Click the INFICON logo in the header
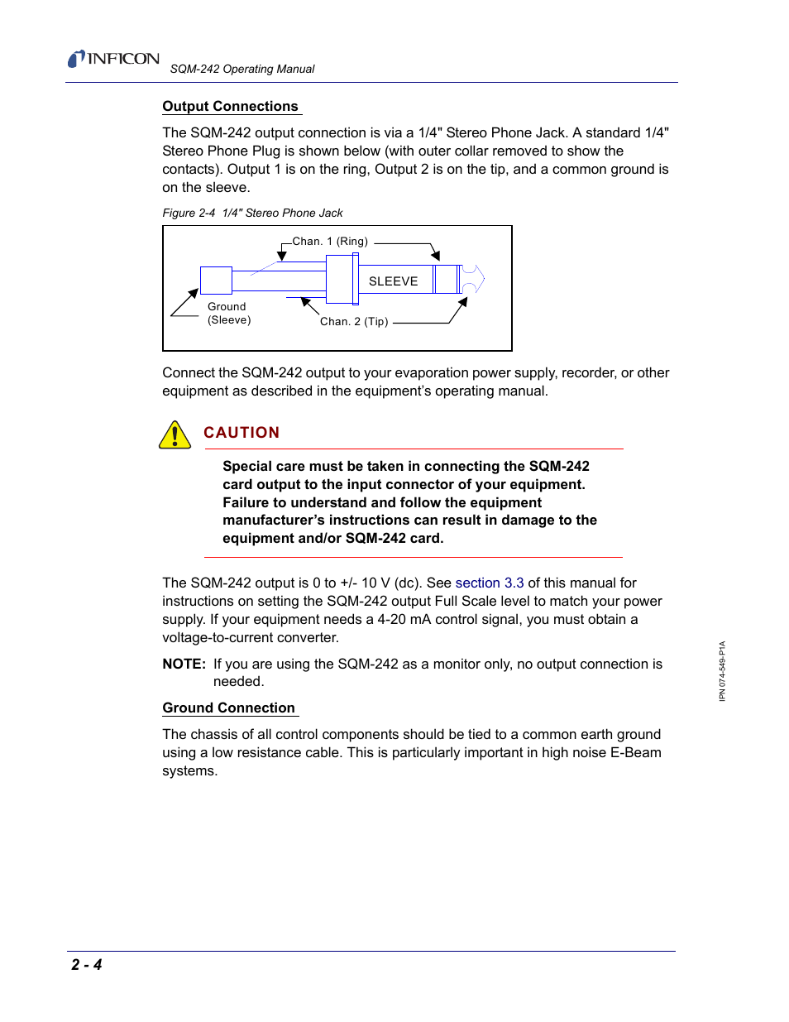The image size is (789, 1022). [x=113, y=59]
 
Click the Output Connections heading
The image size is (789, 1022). [x=230, y=106]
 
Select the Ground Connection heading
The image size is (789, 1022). [x=228, y=708]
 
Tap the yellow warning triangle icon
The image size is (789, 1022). [x=175, y=435]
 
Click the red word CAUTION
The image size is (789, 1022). [x=241, y=433]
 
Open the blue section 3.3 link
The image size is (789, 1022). [x=489, y=583]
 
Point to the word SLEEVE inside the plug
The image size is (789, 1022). [x=393, y=281]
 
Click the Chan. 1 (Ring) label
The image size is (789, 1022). [x=330, y=242]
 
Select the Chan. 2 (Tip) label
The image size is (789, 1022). [x=354, y=322]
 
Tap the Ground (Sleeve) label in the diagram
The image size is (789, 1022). [x=228, y=314]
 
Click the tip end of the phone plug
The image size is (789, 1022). [x=472, y=279]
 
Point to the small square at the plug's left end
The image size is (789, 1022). [x=216, y=280]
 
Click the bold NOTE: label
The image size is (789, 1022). [x=184, y=664]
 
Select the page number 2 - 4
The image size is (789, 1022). [x=87, y=964]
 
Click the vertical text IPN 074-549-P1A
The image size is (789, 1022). [x=722, y=671]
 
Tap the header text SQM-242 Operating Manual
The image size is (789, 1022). [x=242, y=70]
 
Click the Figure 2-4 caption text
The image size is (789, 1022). [x=252, y=213]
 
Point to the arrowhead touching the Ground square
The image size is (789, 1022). [x=194, y=293]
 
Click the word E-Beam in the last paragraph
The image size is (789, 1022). [x=635, y=752]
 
